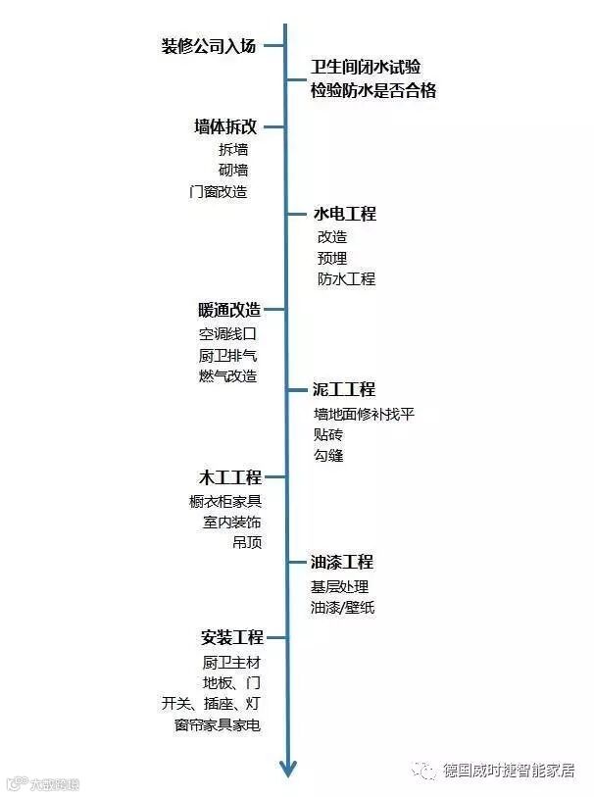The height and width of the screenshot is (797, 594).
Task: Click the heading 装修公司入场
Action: tap(209, 46)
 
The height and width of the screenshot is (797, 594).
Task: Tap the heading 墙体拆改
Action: tap(225, 126)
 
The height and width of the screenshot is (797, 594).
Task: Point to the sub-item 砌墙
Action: tap(233, 171)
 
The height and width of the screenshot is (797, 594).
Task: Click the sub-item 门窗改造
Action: tap(219, 192)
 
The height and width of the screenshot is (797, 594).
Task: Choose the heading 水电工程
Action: tap(344, 214)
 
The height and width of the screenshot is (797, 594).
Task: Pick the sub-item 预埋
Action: tap(332, 258)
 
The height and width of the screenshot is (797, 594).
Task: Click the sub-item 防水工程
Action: tap(346, 279)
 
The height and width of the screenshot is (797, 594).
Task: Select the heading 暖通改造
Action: tap(229, 310)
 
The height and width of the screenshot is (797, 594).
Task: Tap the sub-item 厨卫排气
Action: tap(227, 355)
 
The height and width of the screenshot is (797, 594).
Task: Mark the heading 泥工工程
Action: tap(344, 390)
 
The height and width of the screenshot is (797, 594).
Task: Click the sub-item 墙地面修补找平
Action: tap(364, 414)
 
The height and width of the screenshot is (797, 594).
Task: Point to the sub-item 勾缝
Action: tap(328, 456)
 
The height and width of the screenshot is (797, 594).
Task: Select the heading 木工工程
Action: tap(230, 478)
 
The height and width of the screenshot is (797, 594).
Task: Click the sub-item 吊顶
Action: tap(247, 543)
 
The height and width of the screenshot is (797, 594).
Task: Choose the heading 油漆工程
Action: tap(342, 563)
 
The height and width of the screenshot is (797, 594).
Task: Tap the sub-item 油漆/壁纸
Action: tap(342, 608)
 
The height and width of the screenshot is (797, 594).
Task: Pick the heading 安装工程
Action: tap(231, 637)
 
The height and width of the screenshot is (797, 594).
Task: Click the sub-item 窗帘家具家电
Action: tap(217, 726)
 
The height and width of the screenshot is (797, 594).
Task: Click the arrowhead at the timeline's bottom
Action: tap(287, 770)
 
